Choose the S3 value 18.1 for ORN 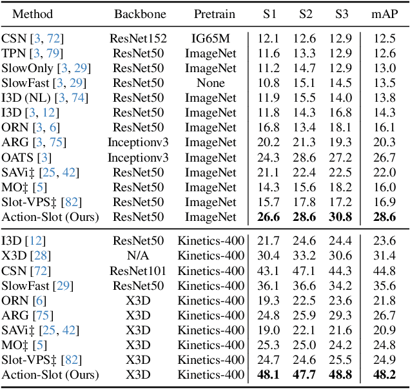(x=340, y=127)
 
